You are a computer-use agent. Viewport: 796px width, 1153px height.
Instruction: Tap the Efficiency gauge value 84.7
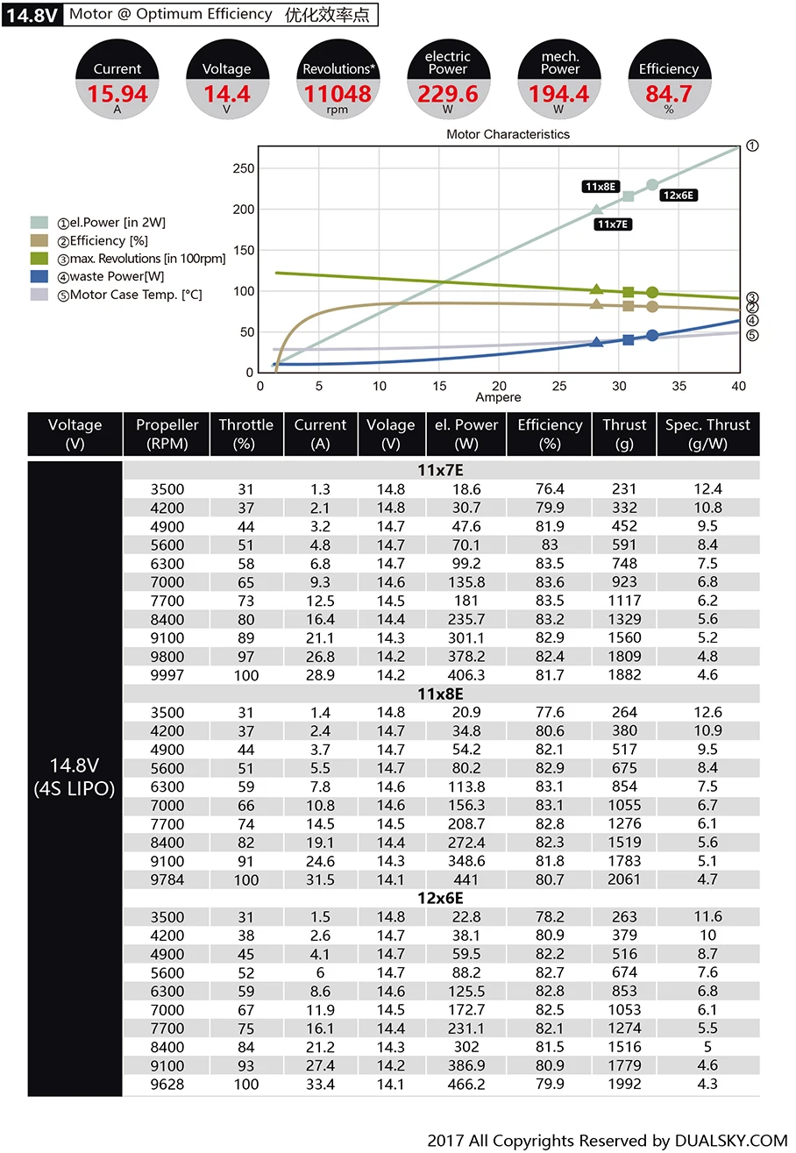pyautogui.click(x=668, y=93)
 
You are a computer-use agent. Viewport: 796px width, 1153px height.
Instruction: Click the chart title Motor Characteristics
pyautogui.click(x=508, y=134)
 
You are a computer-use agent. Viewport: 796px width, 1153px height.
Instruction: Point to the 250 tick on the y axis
pyautogui.click(x=245, y=168)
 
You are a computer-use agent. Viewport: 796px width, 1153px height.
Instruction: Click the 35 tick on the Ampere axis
pyautogui.click(x=679, y=386)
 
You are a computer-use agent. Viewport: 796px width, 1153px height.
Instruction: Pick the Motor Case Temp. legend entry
pyautogui.click(x=129, y=295)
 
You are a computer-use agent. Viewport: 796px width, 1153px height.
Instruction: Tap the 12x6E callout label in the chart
pyautogui.click(x=679, y=196)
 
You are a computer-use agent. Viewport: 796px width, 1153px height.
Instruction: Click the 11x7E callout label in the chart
pyautogui.click(x=614, y=224)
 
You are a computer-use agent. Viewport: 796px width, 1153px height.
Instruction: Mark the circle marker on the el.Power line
pyautogui.click(x=652, y=185)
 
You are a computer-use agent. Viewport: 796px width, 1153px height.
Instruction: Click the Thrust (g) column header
pyautogui.click(x=624, y=434)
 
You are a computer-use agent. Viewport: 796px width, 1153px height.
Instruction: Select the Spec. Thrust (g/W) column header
pyautogui.click(x=707, y=434)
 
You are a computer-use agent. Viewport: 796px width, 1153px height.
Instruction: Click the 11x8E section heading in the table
pyautogui.click(x=440, y=694)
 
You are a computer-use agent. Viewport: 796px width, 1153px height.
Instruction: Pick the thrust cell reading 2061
pyautogui.click(x=624, y=879)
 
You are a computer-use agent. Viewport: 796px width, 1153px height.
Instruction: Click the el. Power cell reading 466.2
pyautogui.click(x=466, y=1084)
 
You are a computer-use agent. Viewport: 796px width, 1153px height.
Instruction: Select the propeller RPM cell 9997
pyautogui.click(x=167, y=675)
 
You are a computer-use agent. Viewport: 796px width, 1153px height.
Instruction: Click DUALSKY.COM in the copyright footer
pyautogui.click(x=731, y=1141)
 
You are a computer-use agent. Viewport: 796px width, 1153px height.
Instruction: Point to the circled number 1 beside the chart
pyautogui.click(x=751, y=146)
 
